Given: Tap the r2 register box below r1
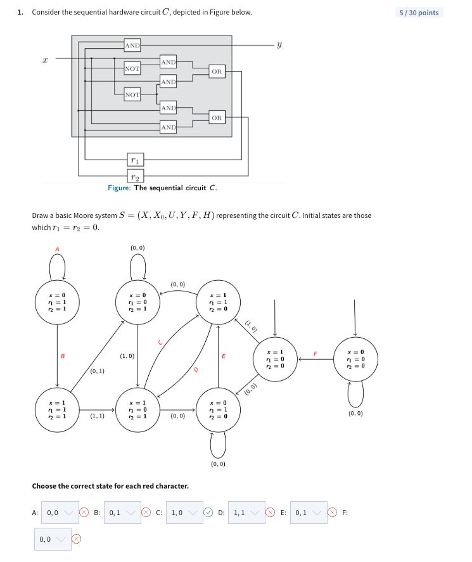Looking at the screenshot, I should tap(135, 176).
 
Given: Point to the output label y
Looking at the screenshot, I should tap(279, 45).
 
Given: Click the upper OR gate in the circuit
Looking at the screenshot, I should tap(217, 72).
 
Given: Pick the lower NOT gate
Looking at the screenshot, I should tap(132, 94).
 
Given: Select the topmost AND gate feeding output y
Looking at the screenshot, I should tap(132, 45).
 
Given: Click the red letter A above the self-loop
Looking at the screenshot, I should tap(57, 249).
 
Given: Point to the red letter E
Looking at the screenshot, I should tap(223, 357).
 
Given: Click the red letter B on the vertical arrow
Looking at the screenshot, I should tap(62, 357).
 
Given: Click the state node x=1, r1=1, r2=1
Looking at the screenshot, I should tap(57, 411).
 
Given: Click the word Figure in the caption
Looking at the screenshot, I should tap(119, 188).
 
